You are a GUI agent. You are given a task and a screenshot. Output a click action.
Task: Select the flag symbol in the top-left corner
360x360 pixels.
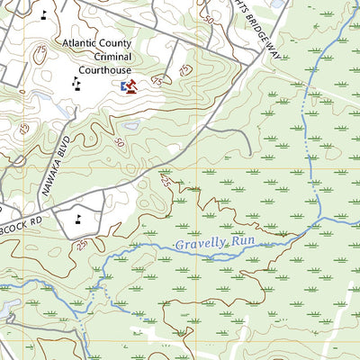click(44, 14)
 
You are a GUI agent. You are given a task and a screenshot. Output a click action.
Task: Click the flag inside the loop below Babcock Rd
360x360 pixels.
click(77, 217)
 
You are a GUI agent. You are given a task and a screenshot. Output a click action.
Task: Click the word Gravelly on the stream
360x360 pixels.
click(200, 246)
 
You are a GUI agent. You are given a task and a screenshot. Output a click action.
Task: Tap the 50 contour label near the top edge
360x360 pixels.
click(209, 19)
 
